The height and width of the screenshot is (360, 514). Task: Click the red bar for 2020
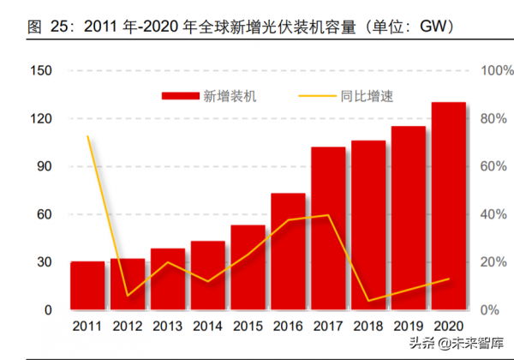tap(448, 206)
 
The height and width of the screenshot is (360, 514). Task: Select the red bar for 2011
tap(87, 285)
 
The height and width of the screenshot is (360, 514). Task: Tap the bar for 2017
tap(328, 228)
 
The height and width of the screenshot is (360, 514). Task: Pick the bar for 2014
tap(208, 275)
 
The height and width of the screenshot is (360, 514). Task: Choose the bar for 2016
tap(288, 251)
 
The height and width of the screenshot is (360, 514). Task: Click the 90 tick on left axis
tap(44, 166)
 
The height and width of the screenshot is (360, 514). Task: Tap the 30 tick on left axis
tap(44, 262)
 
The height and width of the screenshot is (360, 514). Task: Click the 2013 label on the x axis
tap(168, 327)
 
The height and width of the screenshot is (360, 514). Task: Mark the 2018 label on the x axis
tap(368, 327)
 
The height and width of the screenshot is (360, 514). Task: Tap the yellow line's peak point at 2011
tap(87, 135)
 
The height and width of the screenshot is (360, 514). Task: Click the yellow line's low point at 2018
tap(368, 301)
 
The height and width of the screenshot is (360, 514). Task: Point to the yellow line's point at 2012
tap(128, 296)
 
